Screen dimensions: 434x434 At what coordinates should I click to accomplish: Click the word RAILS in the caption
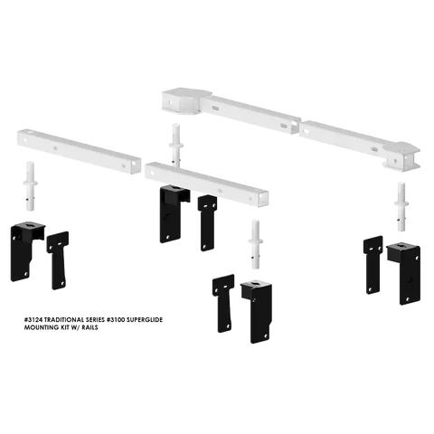tap(90, 327)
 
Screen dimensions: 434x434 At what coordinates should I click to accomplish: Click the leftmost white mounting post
tap(30, 186)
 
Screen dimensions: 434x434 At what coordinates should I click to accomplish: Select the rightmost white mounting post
tap(401, 206)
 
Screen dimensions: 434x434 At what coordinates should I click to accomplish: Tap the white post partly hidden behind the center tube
tap(176, 145)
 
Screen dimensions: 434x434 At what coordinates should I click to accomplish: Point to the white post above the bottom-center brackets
tap(255, 244)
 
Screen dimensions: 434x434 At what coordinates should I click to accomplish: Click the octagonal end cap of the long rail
tap(184, 102)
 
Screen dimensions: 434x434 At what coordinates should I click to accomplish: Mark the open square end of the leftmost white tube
tap(136, 165)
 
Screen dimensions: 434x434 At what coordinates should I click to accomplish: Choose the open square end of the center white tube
tap(263, 198)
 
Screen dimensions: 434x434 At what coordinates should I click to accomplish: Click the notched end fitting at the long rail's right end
tap(401, 156)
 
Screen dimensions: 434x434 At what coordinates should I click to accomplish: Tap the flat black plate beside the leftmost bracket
tap(58, 260)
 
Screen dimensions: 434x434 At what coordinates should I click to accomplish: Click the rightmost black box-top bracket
tap(405, 273)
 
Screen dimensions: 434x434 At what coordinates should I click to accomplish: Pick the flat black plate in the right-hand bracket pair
tap(373, 265)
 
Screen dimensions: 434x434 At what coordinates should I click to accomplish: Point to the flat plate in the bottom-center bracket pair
tap(223, 303)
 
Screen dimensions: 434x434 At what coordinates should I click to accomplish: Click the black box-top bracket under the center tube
tap(174, 213)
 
